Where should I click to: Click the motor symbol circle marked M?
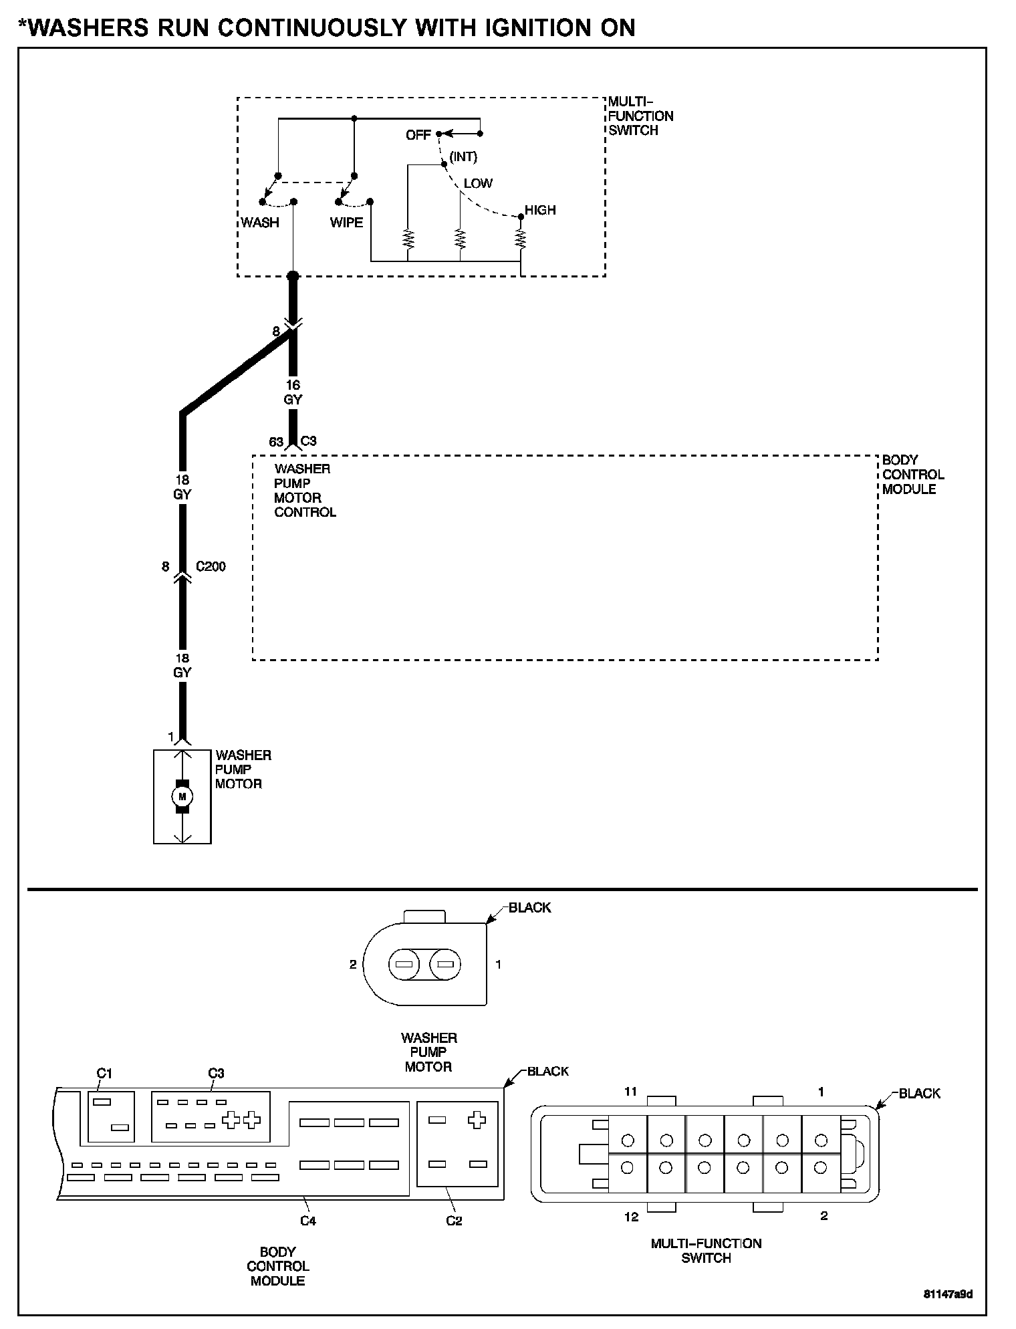182,796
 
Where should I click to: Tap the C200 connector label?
211,566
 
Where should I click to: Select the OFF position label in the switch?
418,135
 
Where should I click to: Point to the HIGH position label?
540,210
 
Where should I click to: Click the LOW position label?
478,183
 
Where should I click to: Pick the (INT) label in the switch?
463,157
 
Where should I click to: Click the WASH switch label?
260,223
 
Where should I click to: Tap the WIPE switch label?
346,223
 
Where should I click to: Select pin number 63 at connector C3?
276,442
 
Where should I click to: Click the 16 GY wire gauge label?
293,392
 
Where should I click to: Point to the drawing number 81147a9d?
948,1294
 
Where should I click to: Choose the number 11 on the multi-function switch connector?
630,1092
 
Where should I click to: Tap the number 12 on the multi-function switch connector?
631,1217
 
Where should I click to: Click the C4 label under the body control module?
307,1221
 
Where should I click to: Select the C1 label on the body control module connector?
104,1074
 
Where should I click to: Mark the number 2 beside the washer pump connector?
353,964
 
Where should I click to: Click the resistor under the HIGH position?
521,238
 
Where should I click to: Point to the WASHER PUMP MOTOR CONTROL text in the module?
305,491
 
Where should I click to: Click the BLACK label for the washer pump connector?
529,907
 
